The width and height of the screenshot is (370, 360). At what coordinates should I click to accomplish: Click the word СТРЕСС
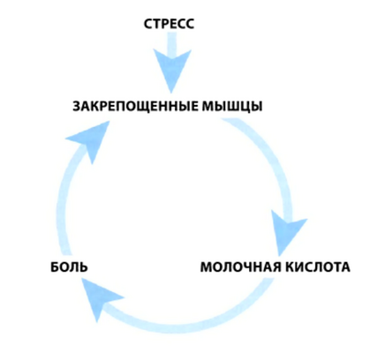pyautogui.click(x=169, y=24)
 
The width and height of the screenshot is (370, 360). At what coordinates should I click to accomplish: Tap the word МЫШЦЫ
pyautogui.click(x=232, y=107)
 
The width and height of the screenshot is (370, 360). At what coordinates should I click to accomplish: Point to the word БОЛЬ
pyautogui.click(x=69, y=267)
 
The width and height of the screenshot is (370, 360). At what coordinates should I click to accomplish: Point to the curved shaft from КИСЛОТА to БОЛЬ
pyautogui.click(x=188, y=326)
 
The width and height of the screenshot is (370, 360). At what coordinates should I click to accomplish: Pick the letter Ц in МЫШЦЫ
pyautogui.click(x=245, y=107)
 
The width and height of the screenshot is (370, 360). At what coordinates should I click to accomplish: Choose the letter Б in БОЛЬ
pyautogui.click(x=55, y=267)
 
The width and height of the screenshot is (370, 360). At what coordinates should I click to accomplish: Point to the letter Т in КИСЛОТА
pyautogui.click(x=336, y=267)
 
